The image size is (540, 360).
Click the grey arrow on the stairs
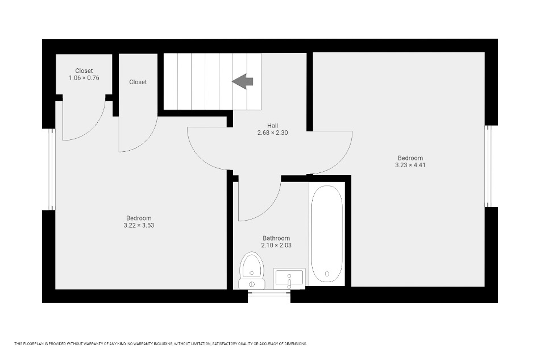[x=243, y=82]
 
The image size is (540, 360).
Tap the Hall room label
[x=272, y=126]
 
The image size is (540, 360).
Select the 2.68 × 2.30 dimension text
[x=272, y=133]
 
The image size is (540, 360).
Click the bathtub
[x=327, y=234]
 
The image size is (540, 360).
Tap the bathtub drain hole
[x=327, y=274]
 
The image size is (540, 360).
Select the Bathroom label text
[x=276, y=238]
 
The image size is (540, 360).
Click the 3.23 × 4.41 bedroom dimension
[x=410, y=165]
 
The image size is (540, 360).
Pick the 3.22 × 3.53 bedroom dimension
[x=139, y=225]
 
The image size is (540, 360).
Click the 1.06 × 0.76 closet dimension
[x=84, y=78]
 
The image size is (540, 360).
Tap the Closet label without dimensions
[x=138, y=82]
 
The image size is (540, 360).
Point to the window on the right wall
[x=488, y=166]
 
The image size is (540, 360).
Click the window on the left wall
[x=52, y=169]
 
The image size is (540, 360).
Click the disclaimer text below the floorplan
[x=160, y=344]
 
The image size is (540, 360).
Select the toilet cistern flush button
[x=252, y=284]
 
